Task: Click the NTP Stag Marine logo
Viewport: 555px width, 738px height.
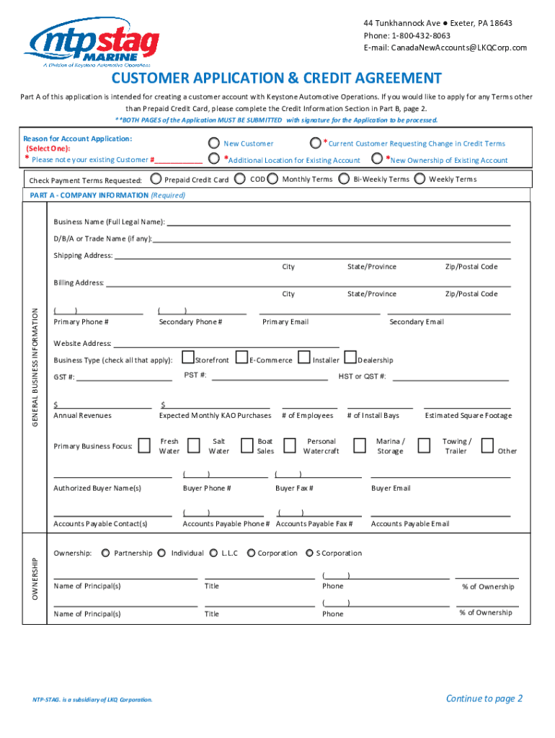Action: [92, 43]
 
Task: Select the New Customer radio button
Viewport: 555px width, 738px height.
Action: [213, 143]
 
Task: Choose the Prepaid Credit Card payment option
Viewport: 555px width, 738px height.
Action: [156, 179]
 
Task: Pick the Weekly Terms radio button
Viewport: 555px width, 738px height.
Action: [420, 179]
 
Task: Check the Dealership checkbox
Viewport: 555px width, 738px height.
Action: [350, 357]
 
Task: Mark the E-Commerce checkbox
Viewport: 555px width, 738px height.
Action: [241, 357]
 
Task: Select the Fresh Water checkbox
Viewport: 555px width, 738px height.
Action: [145, 445]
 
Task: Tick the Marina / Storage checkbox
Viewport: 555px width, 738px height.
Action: [360, 445]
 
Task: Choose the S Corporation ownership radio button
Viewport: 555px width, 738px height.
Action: [308, 553]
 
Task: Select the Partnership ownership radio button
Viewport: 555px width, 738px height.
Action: [106, 553]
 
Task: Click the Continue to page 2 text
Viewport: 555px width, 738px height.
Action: [484, 698]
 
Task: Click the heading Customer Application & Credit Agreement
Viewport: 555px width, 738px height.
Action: [276, 78]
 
